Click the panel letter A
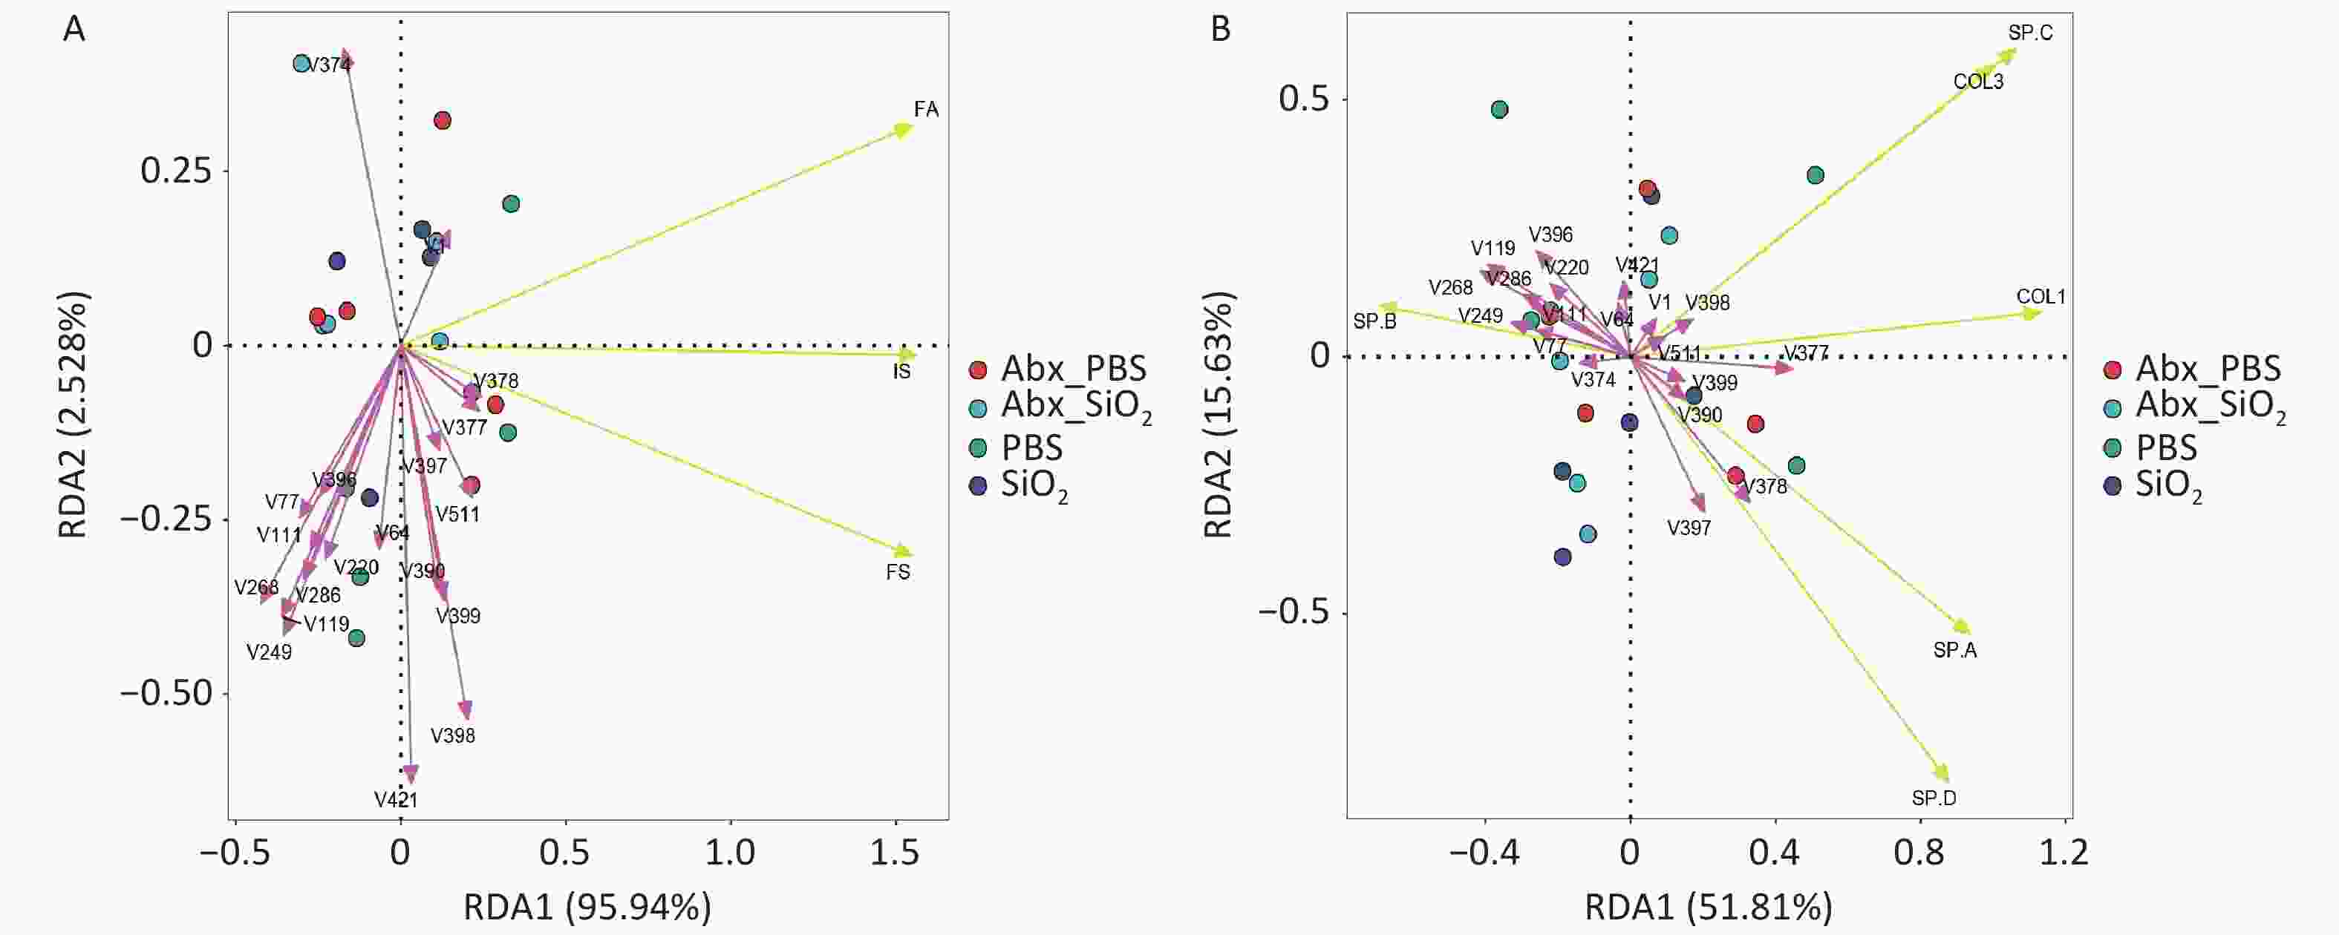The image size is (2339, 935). [74, 30]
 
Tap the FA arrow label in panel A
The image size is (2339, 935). [926, 110]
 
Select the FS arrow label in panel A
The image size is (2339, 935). [898, 573]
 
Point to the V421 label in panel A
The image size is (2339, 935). [396, 800]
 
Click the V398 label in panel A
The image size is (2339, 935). [453, 736]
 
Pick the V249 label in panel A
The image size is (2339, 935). [269, 652]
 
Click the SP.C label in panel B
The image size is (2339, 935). [2030, 33]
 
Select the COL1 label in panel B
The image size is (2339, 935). [2041, 297]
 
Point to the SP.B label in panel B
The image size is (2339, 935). [1374, 321]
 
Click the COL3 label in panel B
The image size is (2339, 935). [1979, 82]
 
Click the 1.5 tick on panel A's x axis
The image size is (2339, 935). [896, 853]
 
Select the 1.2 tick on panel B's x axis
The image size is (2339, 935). [2066, 853]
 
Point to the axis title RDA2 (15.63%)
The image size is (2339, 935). [1219, 415]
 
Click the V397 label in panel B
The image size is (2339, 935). [1689, 528]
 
